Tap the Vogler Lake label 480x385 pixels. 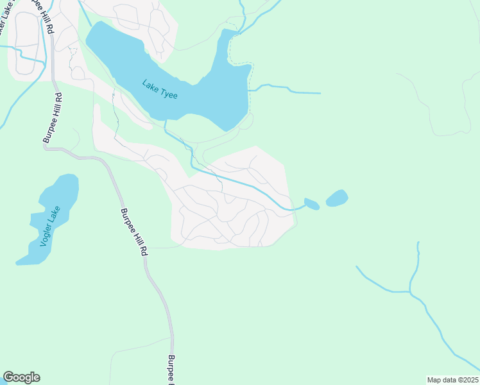[x=49, y=226]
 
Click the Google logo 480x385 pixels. [x=21, y=377]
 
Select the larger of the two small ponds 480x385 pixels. [x=337, y=198]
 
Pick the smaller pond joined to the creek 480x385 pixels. [x=311, y=204]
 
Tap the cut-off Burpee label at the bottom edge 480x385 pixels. [x=171, y=369]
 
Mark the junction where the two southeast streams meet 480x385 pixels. [x=410, y=292]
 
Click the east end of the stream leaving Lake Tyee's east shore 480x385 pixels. [x=320, y=94]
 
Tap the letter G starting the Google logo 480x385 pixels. [x=8, y=377]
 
